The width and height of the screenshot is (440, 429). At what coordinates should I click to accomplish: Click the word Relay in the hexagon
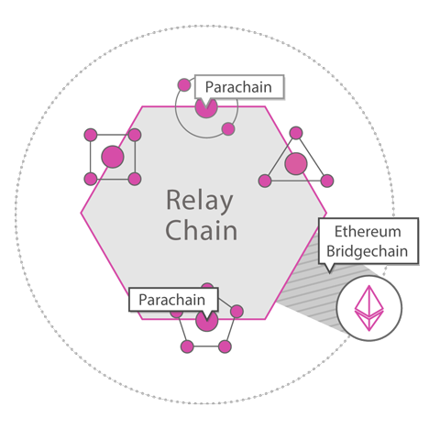200,201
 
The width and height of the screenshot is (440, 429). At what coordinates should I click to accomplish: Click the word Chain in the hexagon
202,230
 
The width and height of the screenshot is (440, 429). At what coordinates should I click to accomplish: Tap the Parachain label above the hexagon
238,87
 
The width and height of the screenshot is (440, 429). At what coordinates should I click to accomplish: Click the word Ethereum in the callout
368,232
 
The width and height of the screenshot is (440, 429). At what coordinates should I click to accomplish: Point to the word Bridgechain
368,251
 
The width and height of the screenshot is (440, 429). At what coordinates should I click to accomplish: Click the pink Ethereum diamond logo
368,308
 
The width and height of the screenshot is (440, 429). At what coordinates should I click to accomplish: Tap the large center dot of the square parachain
113,157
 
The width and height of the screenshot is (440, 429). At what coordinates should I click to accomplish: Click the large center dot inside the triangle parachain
296,163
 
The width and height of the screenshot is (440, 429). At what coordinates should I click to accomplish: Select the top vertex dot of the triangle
296,133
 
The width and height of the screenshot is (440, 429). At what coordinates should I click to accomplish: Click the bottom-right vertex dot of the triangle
327,181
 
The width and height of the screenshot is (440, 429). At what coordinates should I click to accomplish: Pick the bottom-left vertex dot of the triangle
265,181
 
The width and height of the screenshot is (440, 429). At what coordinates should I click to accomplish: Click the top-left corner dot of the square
91,135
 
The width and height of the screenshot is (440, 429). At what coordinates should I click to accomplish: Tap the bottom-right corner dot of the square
135,179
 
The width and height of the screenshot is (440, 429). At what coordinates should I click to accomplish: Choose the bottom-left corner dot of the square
91,179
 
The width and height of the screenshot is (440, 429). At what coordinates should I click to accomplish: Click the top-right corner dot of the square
135,135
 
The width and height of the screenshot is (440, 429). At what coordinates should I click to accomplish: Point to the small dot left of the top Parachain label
184,85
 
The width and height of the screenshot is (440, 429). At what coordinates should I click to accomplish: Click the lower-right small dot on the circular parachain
228,129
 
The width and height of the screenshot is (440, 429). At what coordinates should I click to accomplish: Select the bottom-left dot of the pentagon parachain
187,346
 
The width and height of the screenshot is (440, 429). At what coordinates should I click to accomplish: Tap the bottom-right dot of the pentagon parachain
225,346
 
